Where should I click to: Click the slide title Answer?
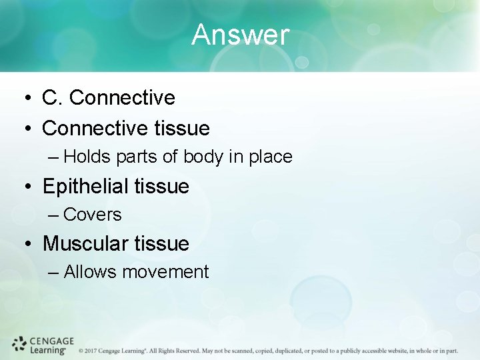click(240, 35)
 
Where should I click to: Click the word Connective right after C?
click(122, 98)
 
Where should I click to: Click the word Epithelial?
click(85, 186)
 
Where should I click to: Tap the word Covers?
click(93, 215)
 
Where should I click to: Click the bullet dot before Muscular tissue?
click(23, 244)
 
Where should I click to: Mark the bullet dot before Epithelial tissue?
click(23, 187)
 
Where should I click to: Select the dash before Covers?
click(54, 215)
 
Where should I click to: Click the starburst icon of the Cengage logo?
click(19, 344)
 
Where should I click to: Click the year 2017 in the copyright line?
click(91, 351)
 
